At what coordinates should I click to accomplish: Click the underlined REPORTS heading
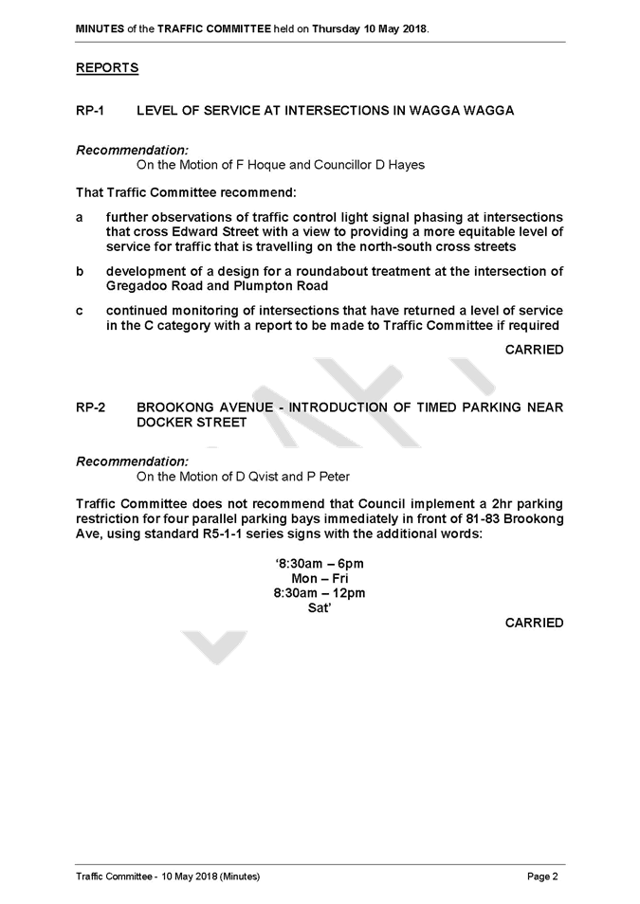point(107,68)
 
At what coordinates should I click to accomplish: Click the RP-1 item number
point(90,110)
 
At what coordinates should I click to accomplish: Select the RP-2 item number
point(91,407)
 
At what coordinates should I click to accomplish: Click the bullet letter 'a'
point(79,218)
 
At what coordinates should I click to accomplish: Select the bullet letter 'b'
point(79,271)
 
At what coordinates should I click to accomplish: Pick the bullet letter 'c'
point(79,312)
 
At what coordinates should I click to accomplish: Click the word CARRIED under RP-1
point(534,350)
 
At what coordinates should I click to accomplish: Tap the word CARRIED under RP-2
point(534,623)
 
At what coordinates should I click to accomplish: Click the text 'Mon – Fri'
point(320,578)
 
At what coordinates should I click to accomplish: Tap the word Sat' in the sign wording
point(320,607)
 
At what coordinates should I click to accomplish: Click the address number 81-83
point(483,518)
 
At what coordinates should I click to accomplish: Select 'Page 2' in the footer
point(542,877)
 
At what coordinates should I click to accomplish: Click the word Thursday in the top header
point(337,28)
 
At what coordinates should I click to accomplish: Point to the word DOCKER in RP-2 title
point(161,423)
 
